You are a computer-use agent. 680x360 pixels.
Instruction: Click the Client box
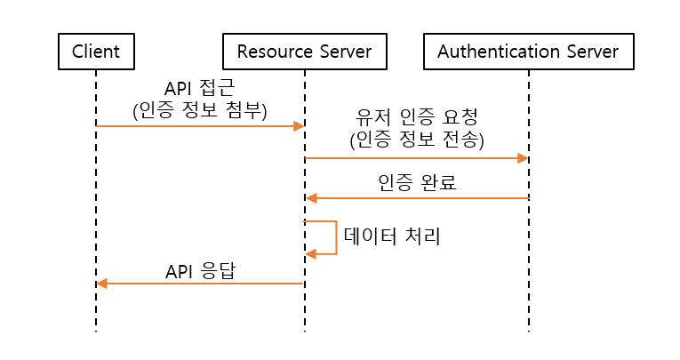coord(95,52)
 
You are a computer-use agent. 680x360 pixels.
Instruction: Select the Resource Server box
coord(305,52)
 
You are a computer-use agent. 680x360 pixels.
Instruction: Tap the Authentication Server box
coord(528,52)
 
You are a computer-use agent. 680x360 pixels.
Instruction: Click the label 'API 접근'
coord(199,89)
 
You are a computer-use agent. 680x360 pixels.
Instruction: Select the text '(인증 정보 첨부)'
coord(199,108)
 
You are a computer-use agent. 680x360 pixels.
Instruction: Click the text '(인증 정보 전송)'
coord(416,140)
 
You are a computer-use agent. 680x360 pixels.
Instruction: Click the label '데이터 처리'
coord(392,236)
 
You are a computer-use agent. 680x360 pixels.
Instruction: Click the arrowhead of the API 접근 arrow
coord(300,126)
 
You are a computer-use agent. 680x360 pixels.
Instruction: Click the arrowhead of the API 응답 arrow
coord(101,284)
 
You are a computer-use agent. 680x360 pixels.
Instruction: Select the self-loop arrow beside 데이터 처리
coord(335,237)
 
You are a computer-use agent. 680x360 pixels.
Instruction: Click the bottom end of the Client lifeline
coord(95,330)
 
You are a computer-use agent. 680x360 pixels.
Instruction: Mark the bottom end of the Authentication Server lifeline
coord(529,330)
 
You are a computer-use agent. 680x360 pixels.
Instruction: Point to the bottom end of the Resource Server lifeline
coord(305,330)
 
